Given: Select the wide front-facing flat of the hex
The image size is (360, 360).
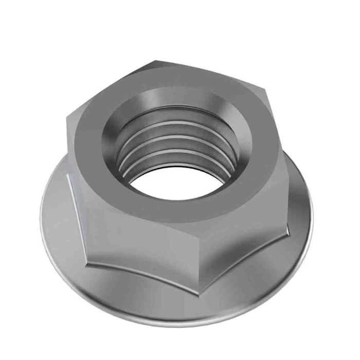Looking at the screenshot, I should coord(139,242).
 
